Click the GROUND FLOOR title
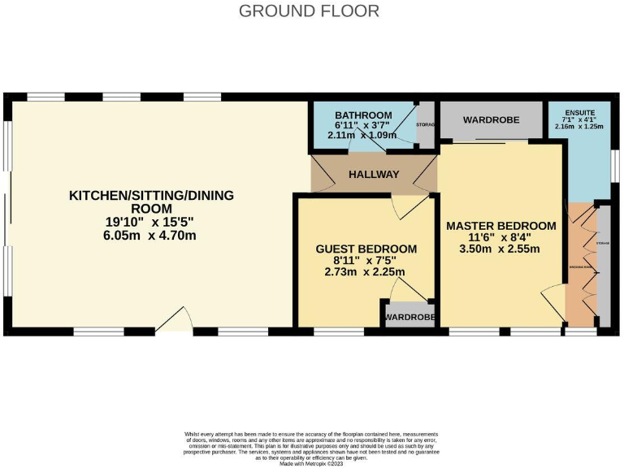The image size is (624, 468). [x=309, y=11]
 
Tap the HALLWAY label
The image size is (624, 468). [x=374, y=175]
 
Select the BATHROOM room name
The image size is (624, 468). [x=363, y=115]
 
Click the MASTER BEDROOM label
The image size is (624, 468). [x=500, y=225]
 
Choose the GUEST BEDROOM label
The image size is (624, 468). [x=366, y=249]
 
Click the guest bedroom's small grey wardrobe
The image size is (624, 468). [x=409, y=316]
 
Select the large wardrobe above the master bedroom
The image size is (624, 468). [x=491, y=120]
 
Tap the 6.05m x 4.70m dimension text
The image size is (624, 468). [x=151, y=236]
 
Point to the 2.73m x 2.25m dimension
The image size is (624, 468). [x=366, y=272]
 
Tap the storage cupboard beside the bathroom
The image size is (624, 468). [x=426, y=126]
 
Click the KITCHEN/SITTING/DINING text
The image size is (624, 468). [x=151, y=195]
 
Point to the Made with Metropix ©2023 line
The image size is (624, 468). [x=312, y=463]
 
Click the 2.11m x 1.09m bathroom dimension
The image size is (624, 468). [x=362, y=136]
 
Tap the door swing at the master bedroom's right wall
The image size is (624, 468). [x=553, y=296]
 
